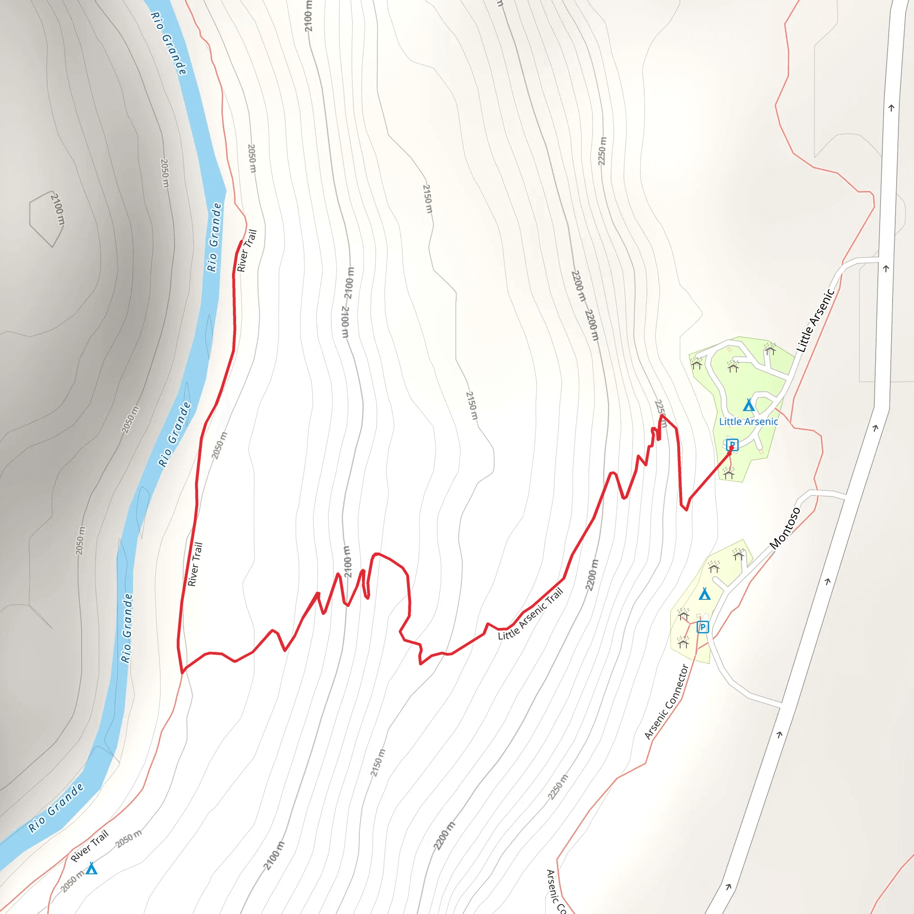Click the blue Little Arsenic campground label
tap(748, 421)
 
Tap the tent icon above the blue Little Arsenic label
tap(748, 405)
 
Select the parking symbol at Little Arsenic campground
tap(732, 445)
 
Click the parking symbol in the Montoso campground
tap(702, 627)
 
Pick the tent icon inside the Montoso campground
tap(704, 594)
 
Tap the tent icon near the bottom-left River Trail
tap(91, 868)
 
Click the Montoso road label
tap(785, 528)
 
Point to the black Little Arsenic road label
tap(815, 321)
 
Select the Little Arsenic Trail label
tap(531, 614)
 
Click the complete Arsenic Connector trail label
tap(666, 702)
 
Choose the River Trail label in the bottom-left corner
tap(89, 846)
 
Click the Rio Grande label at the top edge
tap(168, 43)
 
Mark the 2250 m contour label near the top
tap(602, 151)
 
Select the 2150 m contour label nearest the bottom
tap(378, 763)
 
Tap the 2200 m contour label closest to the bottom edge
tap(444, 836)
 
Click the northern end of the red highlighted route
tap(241, 242)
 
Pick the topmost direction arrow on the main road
tap(891, 108)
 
